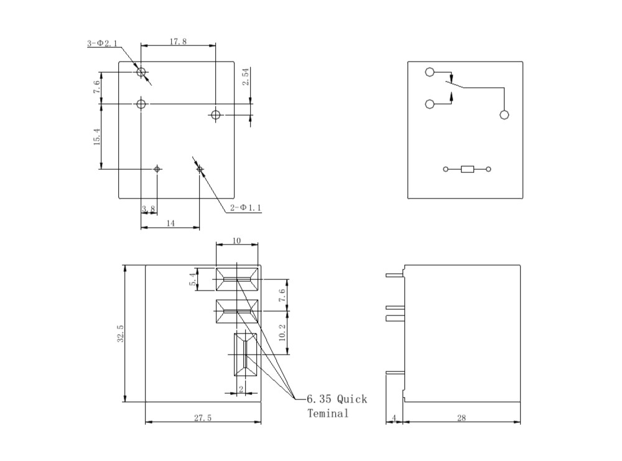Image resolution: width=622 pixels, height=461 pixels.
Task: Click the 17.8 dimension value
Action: point(177,41)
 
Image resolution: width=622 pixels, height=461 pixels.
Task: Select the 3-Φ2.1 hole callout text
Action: point(102,44)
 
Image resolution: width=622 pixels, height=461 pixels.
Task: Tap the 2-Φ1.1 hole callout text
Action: point(246,208)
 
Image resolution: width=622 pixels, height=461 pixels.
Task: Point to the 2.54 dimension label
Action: point(246,78)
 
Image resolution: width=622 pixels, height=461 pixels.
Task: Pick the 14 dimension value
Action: point(170,222)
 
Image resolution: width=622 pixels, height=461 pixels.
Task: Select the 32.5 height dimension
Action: point(121,333)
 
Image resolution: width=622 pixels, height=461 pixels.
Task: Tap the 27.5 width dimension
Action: point(202,418)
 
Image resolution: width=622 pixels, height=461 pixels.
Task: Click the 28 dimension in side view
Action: point(461,418)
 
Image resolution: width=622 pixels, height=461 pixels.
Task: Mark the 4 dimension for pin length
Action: point(394,418)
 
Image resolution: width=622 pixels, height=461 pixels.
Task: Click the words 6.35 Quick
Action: point(337,399)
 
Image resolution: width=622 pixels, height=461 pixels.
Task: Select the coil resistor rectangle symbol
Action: point(467,169)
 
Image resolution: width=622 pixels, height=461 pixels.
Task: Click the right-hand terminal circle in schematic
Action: point(504,114)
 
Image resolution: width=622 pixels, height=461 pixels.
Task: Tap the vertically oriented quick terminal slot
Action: point(245,355)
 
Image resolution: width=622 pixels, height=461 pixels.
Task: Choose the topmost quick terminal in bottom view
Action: point(236,280)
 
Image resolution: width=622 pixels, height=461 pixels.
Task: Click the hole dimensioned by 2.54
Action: point(216,114)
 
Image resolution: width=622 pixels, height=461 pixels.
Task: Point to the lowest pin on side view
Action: point(394,373)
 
